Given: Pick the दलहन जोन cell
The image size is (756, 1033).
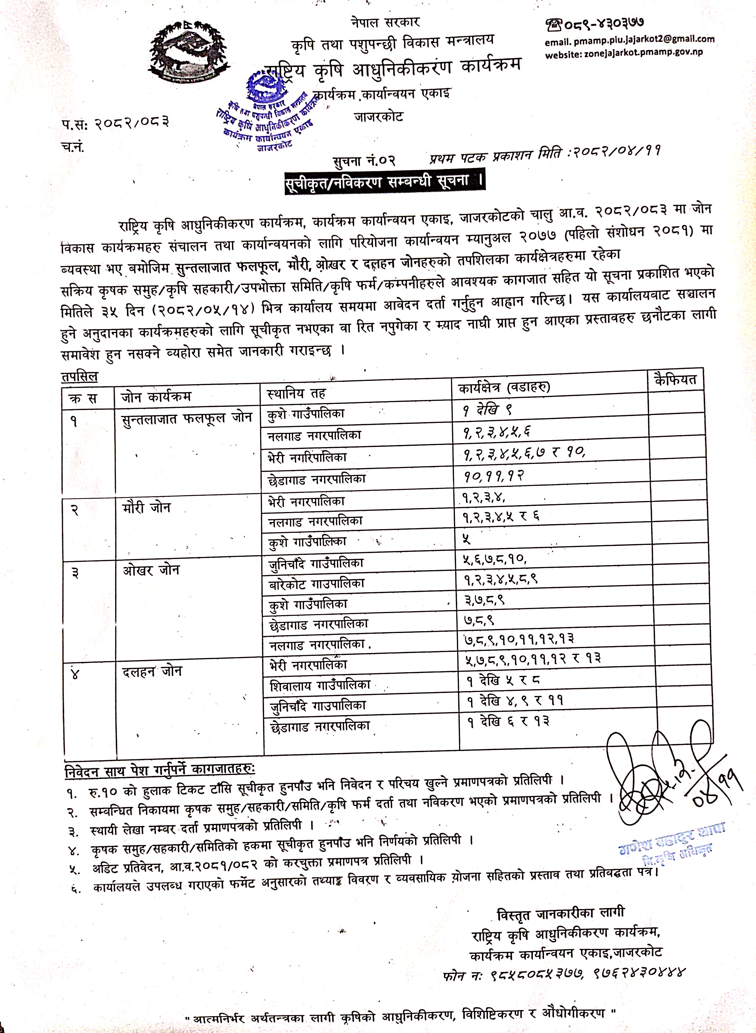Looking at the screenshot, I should [152, 672].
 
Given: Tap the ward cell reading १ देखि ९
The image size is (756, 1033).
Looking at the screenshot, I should [487, 410].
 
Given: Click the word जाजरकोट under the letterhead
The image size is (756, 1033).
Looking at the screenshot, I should [379, 117].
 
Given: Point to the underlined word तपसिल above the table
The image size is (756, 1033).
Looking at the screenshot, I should [80, 377].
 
